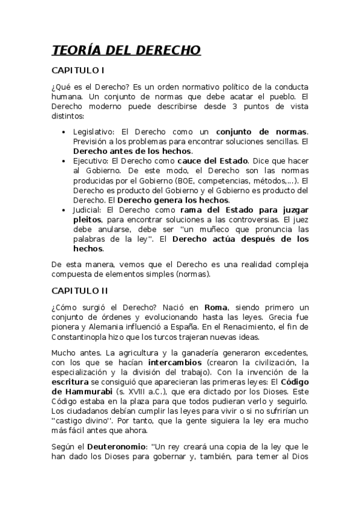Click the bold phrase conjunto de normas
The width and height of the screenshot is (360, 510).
pos(261,132)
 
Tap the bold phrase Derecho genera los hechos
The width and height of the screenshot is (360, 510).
pos(173,200)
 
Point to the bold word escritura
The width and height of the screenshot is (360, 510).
pos(71,382)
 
